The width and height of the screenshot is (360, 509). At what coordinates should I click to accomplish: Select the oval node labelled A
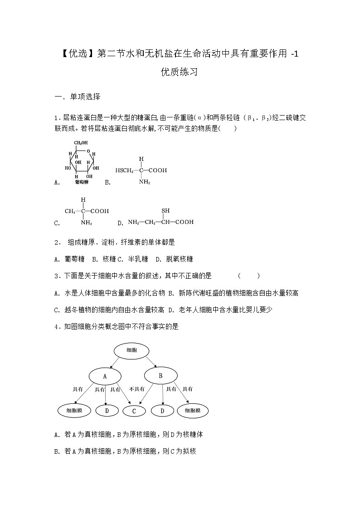pyautogui.click(x=105, y=376)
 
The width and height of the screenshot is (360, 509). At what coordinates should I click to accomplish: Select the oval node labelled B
pyautogui.click(x=161, y=375)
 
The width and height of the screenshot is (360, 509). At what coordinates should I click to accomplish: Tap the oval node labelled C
pyautogui.click(x=134, y=411)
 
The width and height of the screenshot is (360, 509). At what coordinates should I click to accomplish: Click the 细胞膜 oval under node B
pyautogui.click(x=193, y=411)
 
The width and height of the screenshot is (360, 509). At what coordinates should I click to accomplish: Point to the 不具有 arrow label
pyautogui.click(x=136, y=389)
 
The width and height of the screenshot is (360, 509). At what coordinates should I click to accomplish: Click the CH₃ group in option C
pyautogui.click(x=71, y=211)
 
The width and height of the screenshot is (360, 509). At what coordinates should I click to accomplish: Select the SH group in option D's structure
pyautogui.click(x=165, y=211)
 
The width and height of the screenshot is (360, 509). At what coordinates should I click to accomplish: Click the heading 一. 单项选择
pyautogui.click(x=77, y=97)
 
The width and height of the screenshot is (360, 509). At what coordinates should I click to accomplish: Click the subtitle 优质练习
pyautogui.click(x=180, y=72)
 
